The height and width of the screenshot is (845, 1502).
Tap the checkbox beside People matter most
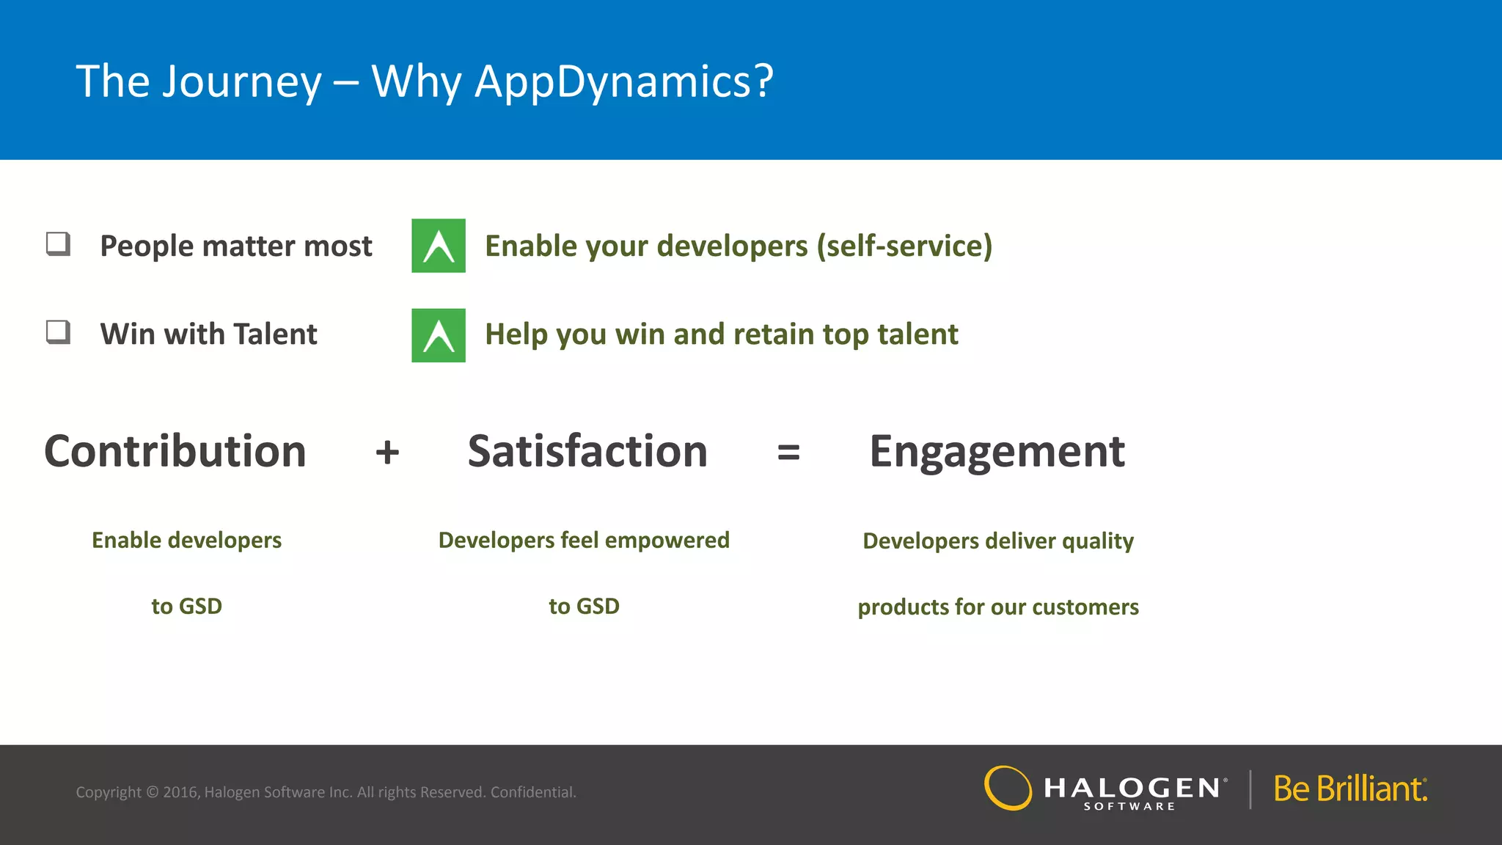(58, 244)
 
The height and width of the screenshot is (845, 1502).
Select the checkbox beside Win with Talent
(58, 332)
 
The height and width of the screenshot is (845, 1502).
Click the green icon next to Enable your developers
(439, 246)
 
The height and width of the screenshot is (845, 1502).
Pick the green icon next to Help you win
(439, 335)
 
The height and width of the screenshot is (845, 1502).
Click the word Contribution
(175, 451)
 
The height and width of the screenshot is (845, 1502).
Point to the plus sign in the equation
(387, 452)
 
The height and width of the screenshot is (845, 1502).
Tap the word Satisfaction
(587, 451)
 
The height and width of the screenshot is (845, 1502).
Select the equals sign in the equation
(788, 452)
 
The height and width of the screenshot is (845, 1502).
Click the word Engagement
(997, 451)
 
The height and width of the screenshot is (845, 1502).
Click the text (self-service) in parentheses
(904, 246)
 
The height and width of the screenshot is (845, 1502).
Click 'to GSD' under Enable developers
(186, 607)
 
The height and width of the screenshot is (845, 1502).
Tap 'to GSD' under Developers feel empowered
(584, 607)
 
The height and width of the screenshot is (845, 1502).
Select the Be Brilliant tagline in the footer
(1349, 789)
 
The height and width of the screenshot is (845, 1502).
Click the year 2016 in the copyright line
(180, 792)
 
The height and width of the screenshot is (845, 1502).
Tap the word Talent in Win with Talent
(275, 334)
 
